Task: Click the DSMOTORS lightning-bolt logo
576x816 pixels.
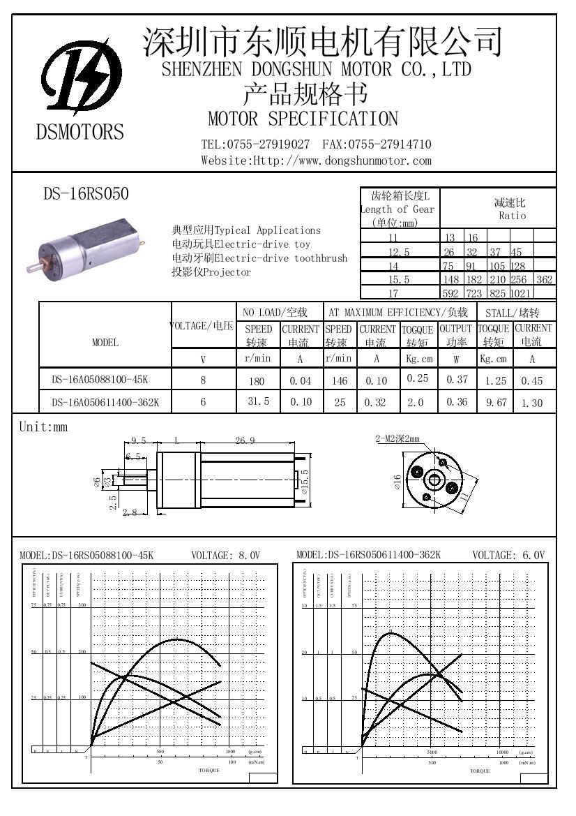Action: click(x=81, y=76)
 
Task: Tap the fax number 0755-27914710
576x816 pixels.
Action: click(x=389, y=144)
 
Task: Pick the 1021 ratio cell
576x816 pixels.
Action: click(x=521, y=294)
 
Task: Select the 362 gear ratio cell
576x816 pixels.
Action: click(x=545, y=280)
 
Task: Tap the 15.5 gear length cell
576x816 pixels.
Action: click(x=399, y=280)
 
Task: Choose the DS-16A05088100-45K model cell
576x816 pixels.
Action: click(x=100, y=380)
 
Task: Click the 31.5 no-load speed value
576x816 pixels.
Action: click(x=258, y=402)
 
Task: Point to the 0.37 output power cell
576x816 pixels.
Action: click(x=456, y=379)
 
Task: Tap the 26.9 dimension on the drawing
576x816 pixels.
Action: click(x=245, y=440)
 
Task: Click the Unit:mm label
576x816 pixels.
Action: click(x=43, y=427)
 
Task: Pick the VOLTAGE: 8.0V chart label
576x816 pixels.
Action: click(x=225, y=556)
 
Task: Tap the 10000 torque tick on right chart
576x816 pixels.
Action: click(x=503, y=752)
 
